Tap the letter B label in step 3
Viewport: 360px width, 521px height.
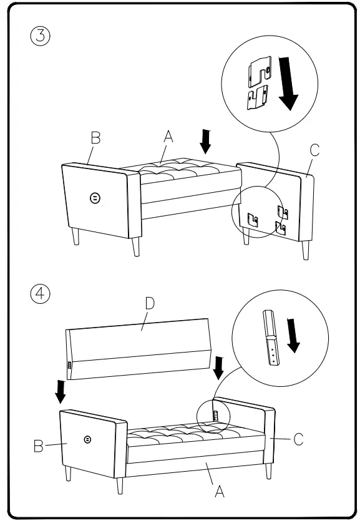95,138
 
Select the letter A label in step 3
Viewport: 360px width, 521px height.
168,135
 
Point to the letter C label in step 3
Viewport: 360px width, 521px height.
314,150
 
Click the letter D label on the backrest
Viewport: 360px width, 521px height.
149,304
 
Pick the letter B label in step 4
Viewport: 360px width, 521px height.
39,446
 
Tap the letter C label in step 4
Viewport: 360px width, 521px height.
298,439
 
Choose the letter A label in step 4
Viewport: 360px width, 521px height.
220,492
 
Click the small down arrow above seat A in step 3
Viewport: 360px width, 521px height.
206,141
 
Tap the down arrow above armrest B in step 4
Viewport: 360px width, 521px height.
61,392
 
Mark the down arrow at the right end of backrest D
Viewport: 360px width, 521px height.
218,368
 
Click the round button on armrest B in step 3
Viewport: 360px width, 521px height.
95,198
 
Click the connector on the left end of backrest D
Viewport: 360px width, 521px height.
69,364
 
